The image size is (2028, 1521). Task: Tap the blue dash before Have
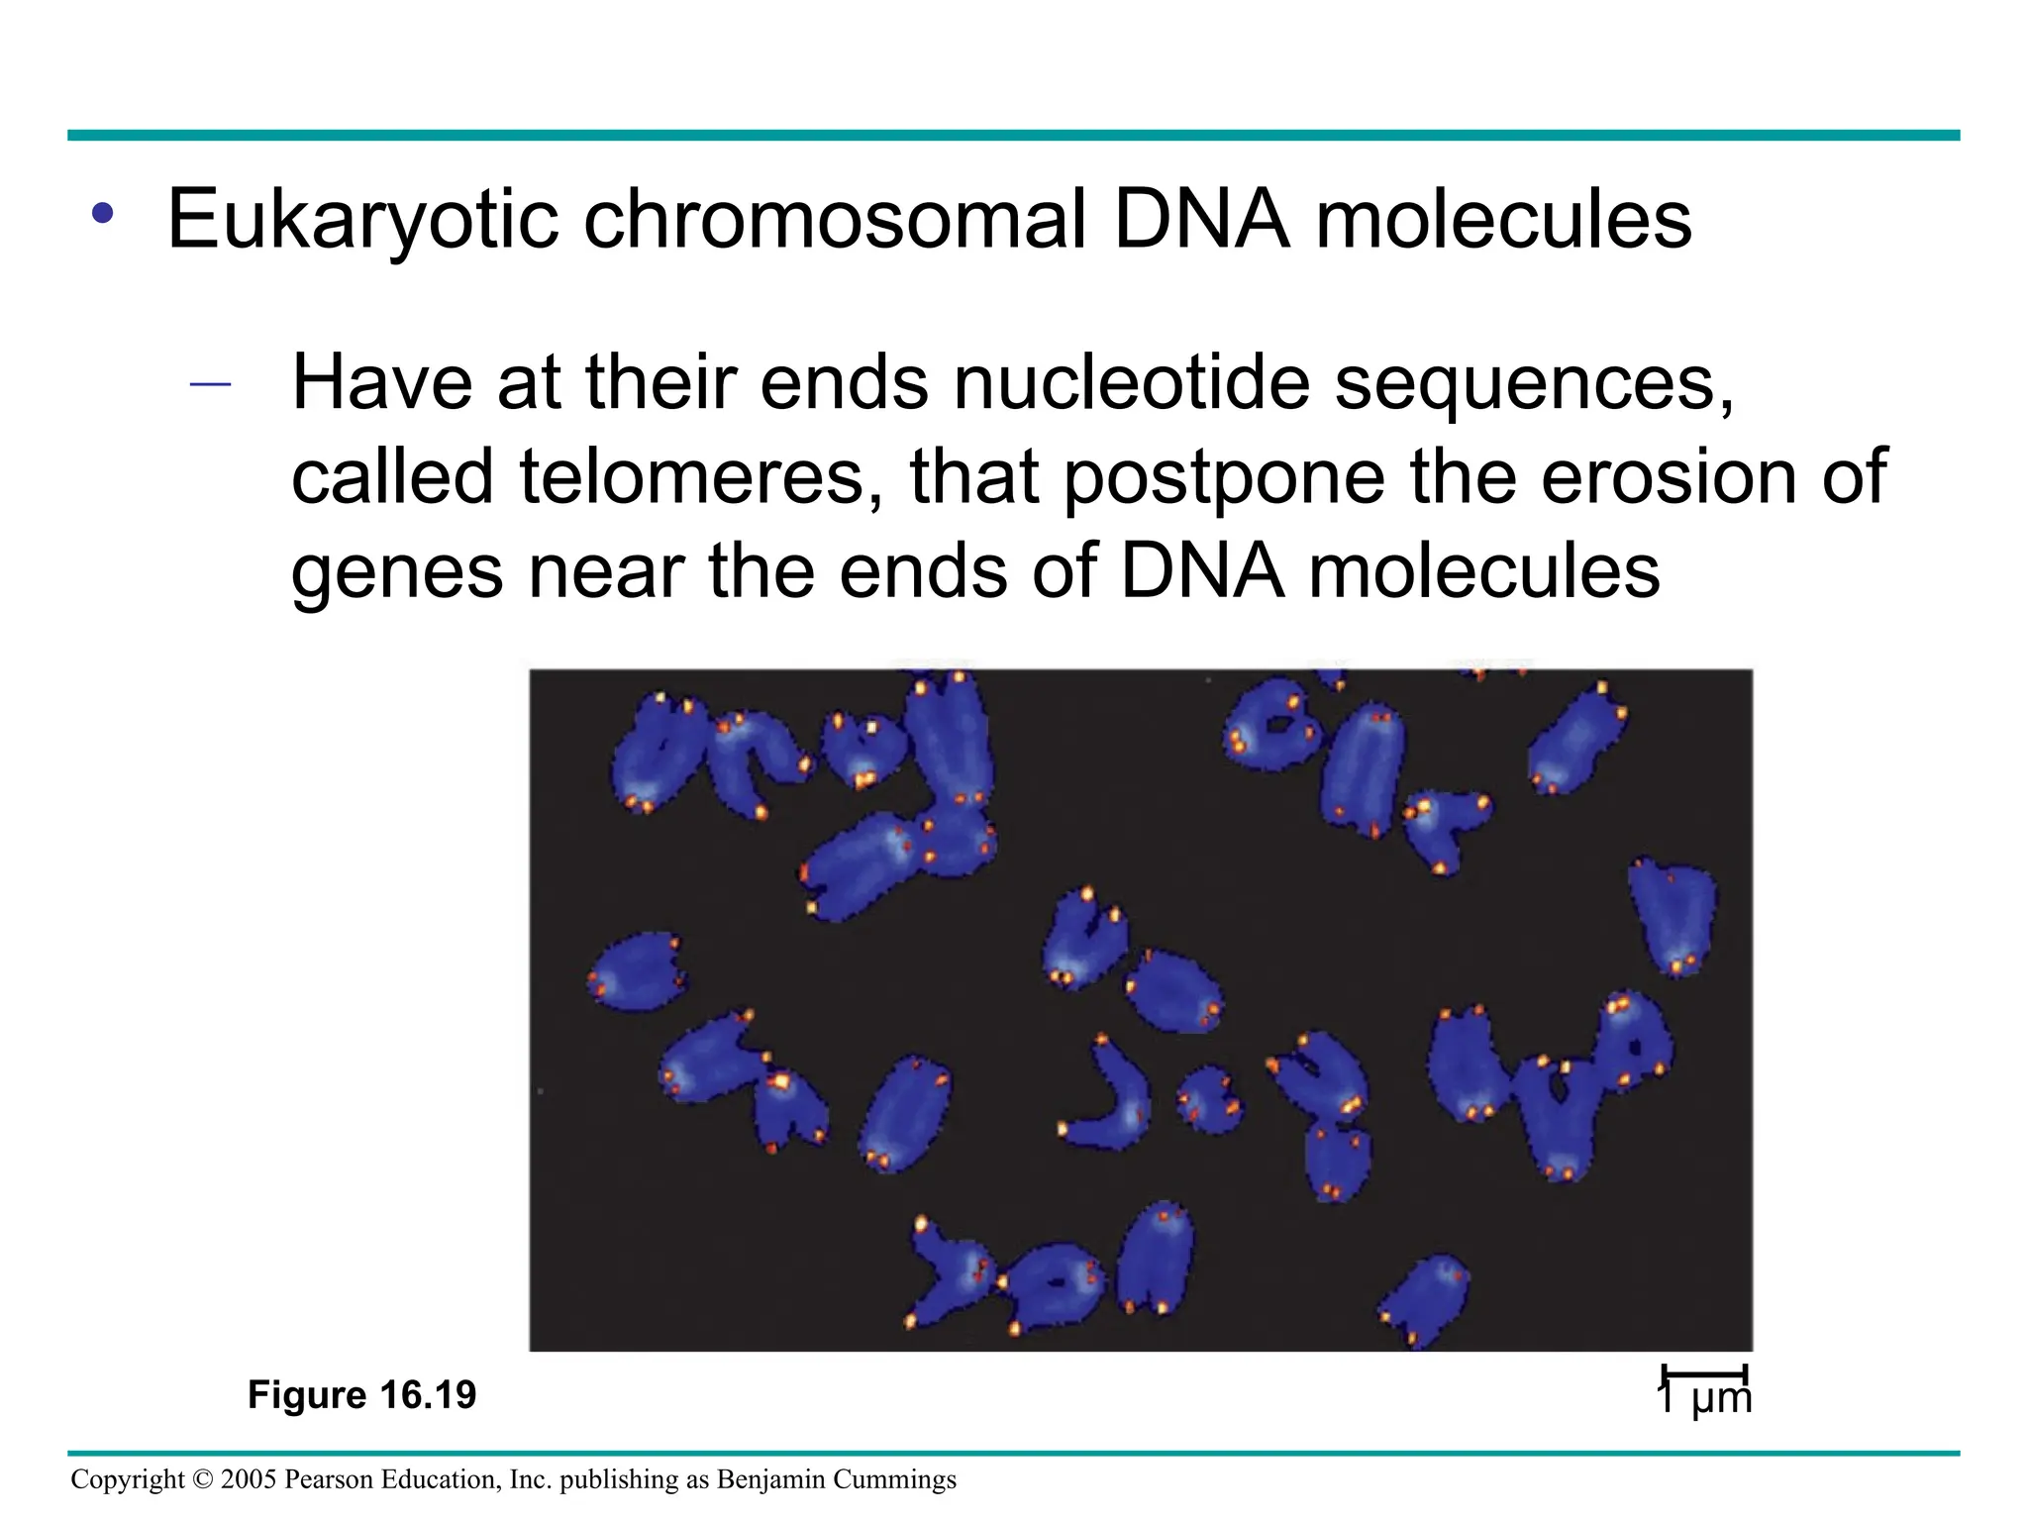210,384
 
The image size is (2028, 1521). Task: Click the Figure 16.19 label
361,1395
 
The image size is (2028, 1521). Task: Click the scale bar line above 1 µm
1704,1372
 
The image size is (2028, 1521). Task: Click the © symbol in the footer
204,1479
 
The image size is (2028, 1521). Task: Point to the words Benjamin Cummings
835,1479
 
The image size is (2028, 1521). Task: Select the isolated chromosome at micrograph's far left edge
638,971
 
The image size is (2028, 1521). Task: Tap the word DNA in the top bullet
1200,220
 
